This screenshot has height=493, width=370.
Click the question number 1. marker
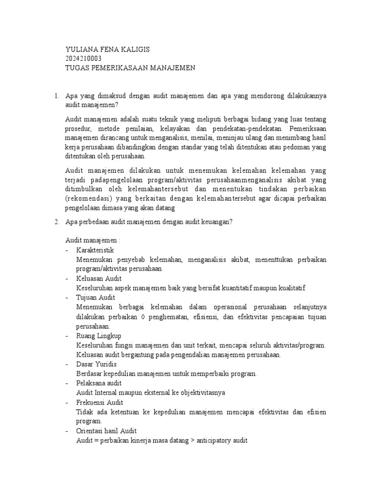(56, 95)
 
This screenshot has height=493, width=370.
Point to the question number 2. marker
(56, 221)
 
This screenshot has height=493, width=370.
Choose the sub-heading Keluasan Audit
(99, 278)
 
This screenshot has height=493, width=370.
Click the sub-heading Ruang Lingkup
(99, 336)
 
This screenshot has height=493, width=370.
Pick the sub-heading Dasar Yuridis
(96, 364)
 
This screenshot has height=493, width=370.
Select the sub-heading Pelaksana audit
(99, 383)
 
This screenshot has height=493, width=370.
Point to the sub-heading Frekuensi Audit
(100, 402)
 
